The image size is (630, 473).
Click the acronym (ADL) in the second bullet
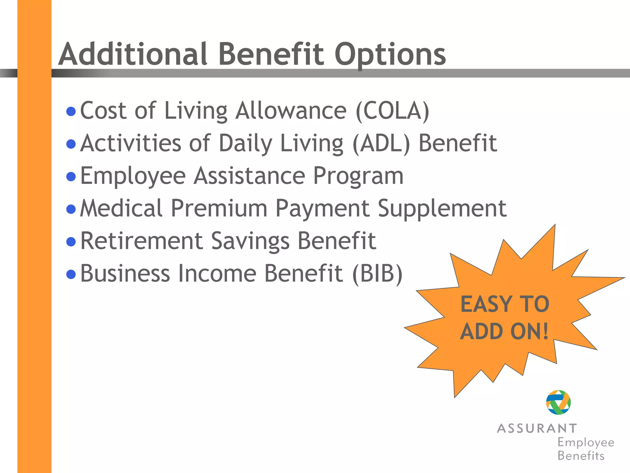381,143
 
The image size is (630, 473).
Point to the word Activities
131,143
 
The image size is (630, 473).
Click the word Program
358,176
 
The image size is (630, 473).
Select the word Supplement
442,209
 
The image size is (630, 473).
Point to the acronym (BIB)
377,273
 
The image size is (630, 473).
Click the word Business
125,273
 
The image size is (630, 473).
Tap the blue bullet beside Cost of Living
71,111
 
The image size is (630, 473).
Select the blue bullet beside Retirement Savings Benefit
71,242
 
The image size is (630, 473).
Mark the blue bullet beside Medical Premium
71,209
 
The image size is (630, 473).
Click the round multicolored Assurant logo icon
558,402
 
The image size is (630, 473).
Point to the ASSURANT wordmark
537,428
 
